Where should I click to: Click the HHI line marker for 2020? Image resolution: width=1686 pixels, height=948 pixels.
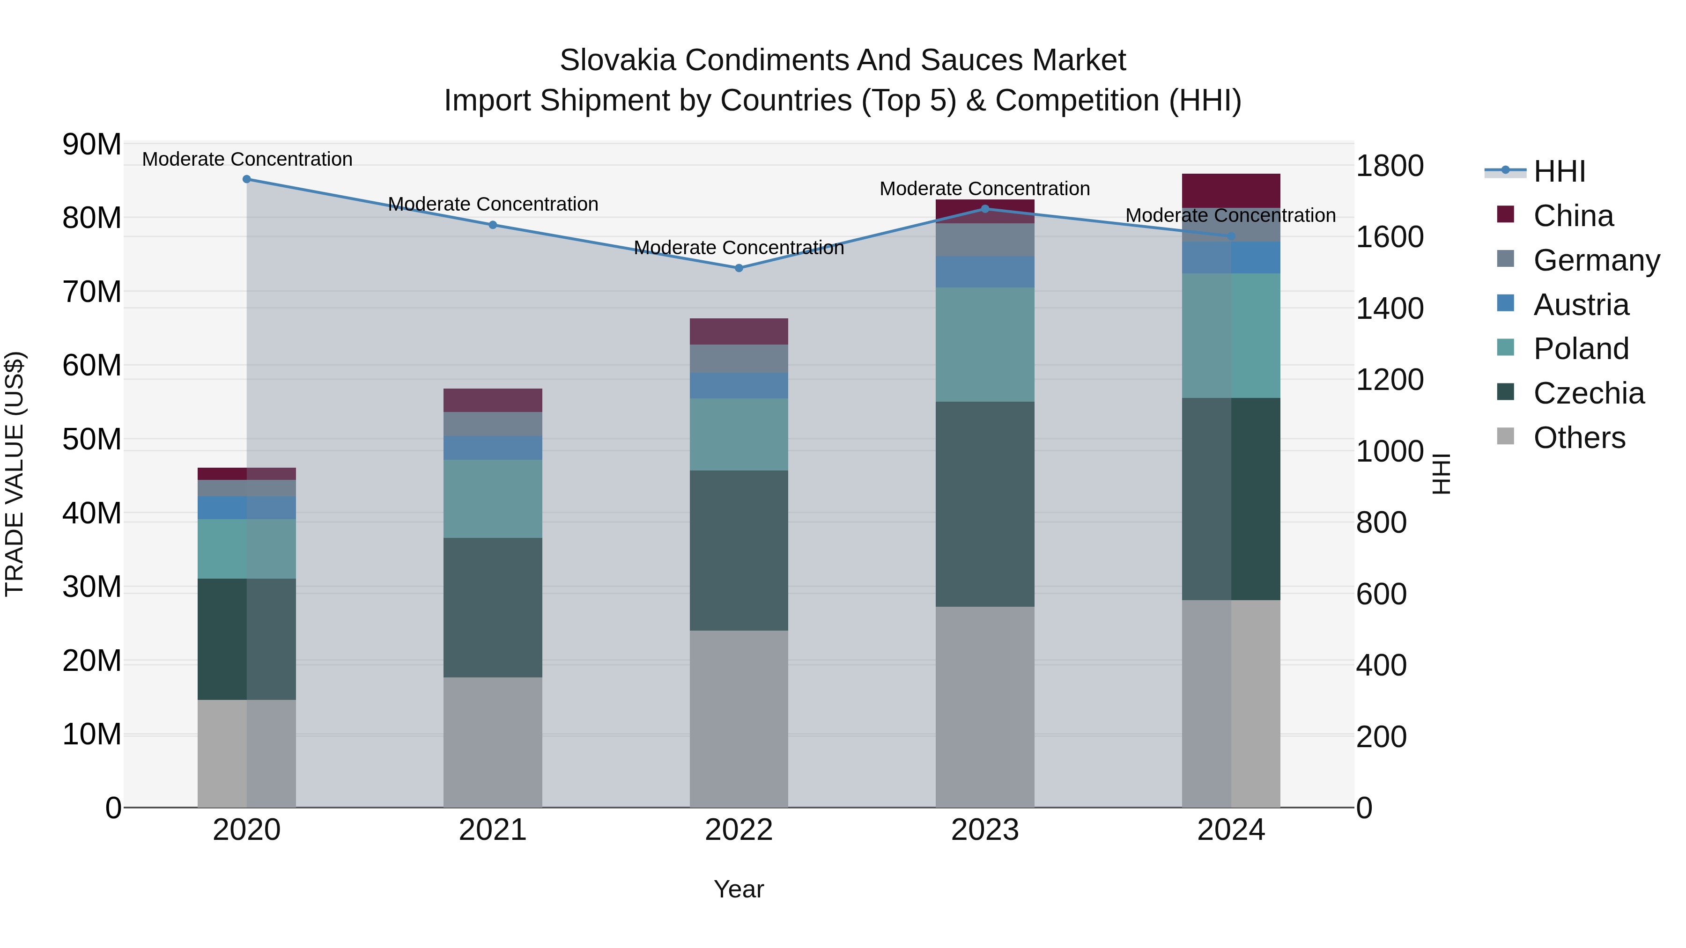[x=247, y=179]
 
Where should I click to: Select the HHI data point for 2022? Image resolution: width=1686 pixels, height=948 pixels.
[x=739, y=268]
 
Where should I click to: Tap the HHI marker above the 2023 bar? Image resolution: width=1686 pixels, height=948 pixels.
[x=985, y=209]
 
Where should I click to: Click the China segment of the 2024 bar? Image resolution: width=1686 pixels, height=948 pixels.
[x=1231, y=191]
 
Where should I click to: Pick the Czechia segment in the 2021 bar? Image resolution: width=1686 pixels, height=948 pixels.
[x=493, y=608]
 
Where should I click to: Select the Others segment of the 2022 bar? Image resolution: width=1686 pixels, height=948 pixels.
[x=739, y=719]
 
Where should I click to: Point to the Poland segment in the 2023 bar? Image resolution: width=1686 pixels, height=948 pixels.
[x=985, y=345]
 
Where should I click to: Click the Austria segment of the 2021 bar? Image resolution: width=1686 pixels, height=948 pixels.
[x=493, y=448]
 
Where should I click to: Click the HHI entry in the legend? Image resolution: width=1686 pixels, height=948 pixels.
[x=1559, y=171]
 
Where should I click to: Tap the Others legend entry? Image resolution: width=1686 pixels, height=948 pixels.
[x=1579, y=438]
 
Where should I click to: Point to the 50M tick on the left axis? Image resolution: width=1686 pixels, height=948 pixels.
[x=92, y=440]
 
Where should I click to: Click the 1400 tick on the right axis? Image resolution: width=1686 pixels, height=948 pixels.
[x=1390, y=309]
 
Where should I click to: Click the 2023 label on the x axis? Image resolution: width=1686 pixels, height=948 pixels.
[x=985, y=830]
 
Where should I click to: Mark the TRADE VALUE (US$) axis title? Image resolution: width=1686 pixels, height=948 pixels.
[x=15, y=474]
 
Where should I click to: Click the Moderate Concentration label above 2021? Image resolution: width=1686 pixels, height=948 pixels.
[x=493, y=204]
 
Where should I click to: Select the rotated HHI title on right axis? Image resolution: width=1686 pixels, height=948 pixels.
[x=1442, y=474]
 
